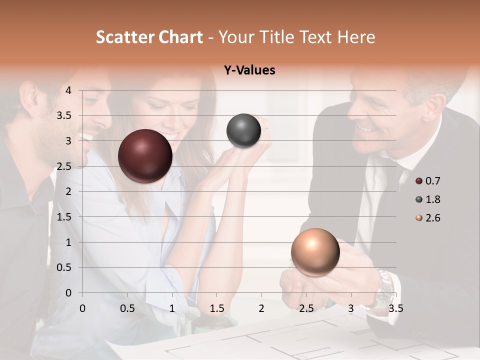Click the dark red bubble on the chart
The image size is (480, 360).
pyautogui.click(x=145, y=156)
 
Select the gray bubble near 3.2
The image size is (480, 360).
pyautogui.click(x=243, y=131)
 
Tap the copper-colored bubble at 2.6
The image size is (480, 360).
pyautogui.click(x=315, y=252)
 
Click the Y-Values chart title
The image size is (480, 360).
pyautogui.click(x=249, y=70)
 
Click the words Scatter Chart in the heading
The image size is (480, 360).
pyautogui.click(x=149, y=37)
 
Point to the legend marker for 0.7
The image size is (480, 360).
pyautogui.click(x=419, y=181)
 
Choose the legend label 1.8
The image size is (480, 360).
pyautogui.click(x=432, y=199)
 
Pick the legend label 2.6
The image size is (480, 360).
pyautogui.click(x=432, y=218)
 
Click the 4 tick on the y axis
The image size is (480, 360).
pyautogui.click(x=68, y=90)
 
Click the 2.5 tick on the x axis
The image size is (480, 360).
pyautogui.click(x=306, y=308)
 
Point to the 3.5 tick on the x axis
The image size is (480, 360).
pyautogui.click(x=395, y=308)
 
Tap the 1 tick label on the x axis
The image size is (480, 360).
pyautogui.click(x=172, y=308)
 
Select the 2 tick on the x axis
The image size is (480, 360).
pyautogui.click(x=261, y=308)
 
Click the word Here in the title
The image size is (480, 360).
pyautogui.click(x=355, y=37)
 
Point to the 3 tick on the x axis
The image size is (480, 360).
pyautogui.click(x=351, y=308)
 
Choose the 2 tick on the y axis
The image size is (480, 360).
pyautogui.click(x=68, y=191)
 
